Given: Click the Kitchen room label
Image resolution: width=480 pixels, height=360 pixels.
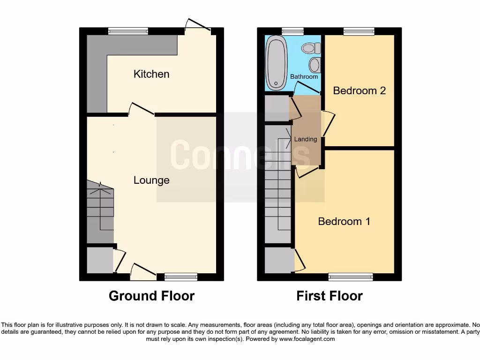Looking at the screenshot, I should coord(151,74).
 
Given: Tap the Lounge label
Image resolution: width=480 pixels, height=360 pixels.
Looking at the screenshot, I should coord(151,180).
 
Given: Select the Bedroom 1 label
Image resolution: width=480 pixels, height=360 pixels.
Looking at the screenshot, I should coord(344,221).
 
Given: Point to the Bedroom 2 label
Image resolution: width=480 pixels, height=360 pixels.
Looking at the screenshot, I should coord(359,90).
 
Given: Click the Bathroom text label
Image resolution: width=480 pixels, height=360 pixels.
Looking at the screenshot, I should coord(304,76).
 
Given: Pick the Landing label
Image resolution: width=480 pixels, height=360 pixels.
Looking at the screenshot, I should coord(305,139).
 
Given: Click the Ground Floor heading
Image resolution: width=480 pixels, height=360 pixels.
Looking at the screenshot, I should coord(151,296).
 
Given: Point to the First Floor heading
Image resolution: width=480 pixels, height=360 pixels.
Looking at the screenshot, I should coord(330,296).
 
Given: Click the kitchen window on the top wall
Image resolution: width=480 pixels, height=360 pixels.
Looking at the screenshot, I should coord(128,31).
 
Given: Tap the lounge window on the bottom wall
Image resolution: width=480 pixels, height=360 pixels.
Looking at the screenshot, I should coord(181,277).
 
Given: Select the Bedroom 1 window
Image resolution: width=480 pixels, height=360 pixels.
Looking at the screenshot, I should coord(351,277).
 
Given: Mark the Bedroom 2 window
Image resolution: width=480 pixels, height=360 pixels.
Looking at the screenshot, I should coord(359,31).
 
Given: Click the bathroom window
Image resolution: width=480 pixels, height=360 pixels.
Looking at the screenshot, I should coord(292,31).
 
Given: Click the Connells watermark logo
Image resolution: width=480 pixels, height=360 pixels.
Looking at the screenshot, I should coord(240,155).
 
